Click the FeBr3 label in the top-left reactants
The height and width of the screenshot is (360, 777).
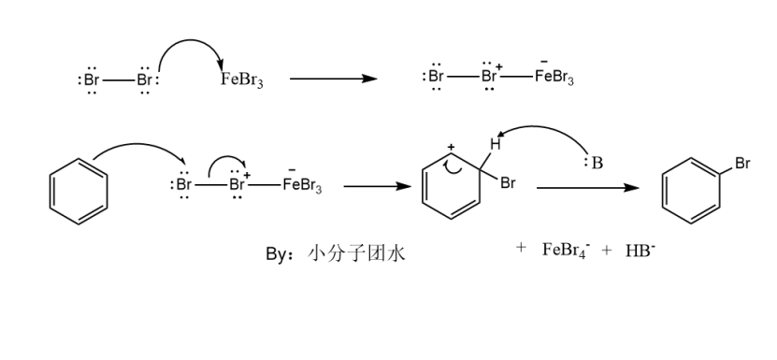pyautogui.click(x=241, y=79)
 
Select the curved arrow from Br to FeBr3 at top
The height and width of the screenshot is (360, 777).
pyautogui.click(x=192, y=47)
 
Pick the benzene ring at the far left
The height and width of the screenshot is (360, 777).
pyautogui.click(x=78, y=186)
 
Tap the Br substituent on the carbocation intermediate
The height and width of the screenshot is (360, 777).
pyautogui.click(x=508, y=183)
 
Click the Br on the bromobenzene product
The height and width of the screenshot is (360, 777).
pyautogui.click(x=742, y=164)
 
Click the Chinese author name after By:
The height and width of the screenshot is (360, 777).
pyautogui.click(x=356, y=252)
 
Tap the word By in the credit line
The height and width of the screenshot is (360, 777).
pyautogui.click(x=277, y=252)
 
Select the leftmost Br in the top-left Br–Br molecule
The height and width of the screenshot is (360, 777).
pyautogui.click(x=91, y=79)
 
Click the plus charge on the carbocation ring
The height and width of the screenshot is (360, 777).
pyautogui.click(x=451, y=148)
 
